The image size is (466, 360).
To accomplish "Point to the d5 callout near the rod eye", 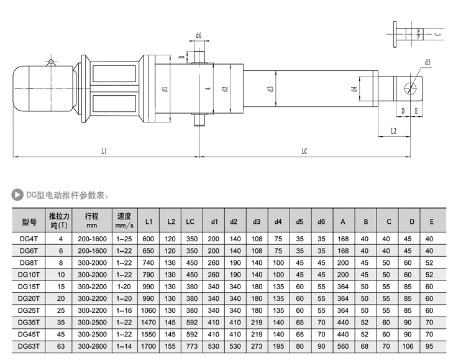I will pos(428,62).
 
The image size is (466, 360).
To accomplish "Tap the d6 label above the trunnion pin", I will pos(199,36).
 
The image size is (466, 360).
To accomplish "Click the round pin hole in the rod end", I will pos(409,88).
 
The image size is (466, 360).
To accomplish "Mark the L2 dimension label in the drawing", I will pos(395,132).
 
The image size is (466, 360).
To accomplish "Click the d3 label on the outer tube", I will pos(272,89).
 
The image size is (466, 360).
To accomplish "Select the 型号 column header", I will pos(30,221).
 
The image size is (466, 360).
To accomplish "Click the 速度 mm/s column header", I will pos(124,221).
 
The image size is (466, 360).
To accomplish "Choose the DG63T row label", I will pos(29,346).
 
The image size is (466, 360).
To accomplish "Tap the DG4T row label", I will pos(29,239).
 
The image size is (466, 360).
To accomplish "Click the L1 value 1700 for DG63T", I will pos(148,346).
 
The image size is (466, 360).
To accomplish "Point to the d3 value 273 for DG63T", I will pos(256,346).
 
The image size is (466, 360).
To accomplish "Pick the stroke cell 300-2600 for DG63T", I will pos(92,346).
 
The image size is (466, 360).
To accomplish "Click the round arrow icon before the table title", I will pos(18,195).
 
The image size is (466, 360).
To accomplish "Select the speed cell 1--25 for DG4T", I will pos(124,239).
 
